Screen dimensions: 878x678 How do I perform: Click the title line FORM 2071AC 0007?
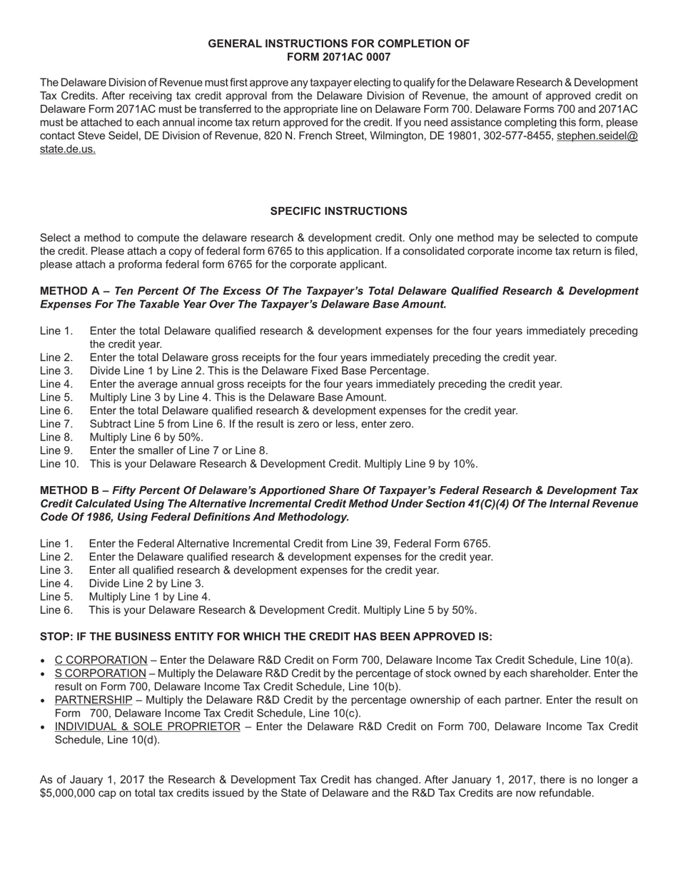click(x=338, y=57)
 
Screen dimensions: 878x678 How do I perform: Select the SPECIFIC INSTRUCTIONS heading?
click(x=338, y=211)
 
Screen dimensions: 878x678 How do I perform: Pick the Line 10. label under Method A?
click(x=59, y=464)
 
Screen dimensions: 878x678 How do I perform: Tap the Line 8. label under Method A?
click(x=56, y=438)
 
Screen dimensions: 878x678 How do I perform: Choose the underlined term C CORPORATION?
click(x=101, y=660)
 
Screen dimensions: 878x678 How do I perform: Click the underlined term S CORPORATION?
click(x=100, y=674)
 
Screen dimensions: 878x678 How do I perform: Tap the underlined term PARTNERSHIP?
click(x=93, y=700)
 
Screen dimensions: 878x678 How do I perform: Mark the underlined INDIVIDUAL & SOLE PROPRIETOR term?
click(x=147, y=727)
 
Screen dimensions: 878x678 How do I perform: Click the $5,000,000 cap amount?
click(x=71, y=793)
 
